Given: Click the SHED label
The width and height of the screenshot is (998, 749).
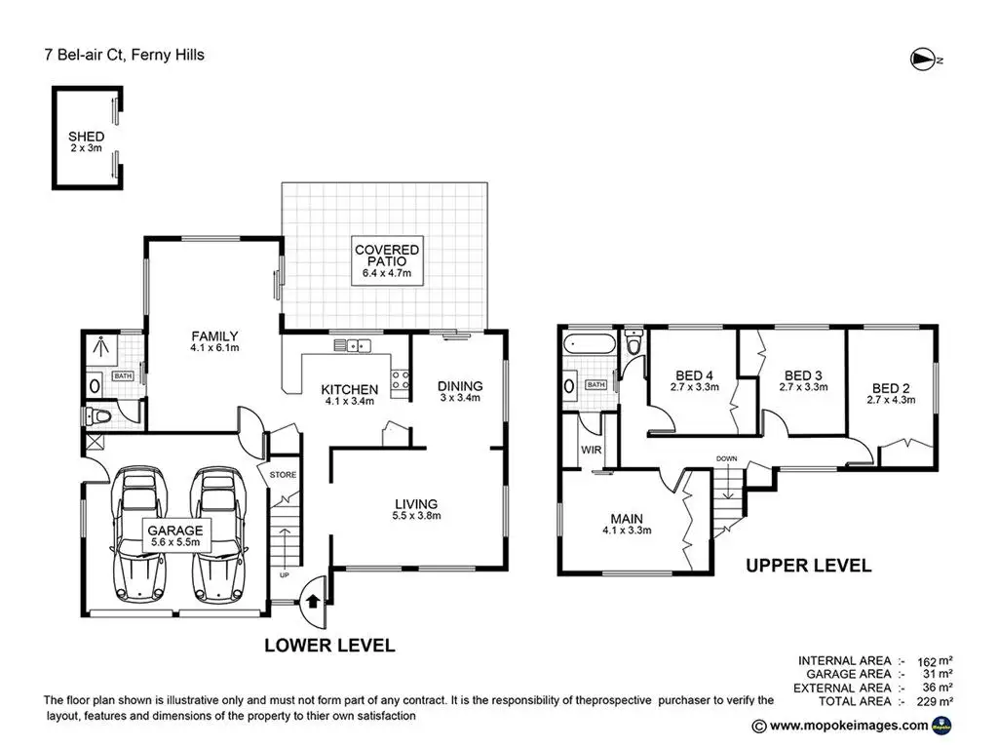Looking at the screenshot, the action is [x=86, y=136].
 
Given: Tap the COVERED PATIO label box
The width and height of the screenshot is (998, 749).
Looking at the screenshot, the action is [x=387, y=261].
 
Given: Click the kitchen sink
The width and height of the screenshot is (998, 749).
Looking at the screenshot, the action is [x=351, y=344].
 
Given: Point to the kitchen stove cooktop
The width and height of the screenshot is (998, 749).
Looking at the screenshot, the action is [x=400, y=379].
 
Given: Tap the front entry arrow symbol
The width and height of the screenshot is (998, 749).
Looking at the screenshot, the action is [x=313, y=598].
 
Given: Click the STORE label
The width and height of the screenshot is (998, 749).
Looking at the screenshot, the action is [x=283, y=475].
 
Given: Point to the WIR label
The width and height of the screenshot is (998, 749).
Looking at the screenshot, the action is [x=591, y=451].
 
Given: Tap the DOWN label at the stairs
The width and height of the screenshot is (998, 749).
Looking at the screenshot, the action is [x=726, y=458].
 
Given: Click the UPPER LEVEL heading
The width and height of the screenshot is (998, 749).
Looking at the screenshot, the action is [x=808, y=565].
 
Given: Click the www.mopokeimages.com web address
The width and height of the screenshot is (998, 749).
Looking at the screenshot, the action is [x=847, y=725].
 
